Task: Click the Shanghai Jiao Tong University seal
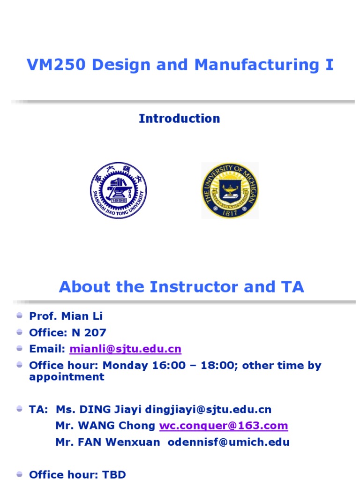[118, 190]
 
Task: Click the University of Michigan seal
[230, 190]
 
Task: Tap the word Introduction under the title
[179, 119]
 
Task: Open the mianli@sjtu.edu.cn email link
[125, 349]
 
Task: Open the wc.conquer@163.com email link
[223, 426]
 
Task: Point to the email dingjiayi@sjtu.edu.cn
[208, 409]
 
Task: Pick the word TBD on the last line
[114, 474]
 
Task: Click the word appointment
[67, 377]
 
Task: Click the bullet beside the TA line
[20, 409]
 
